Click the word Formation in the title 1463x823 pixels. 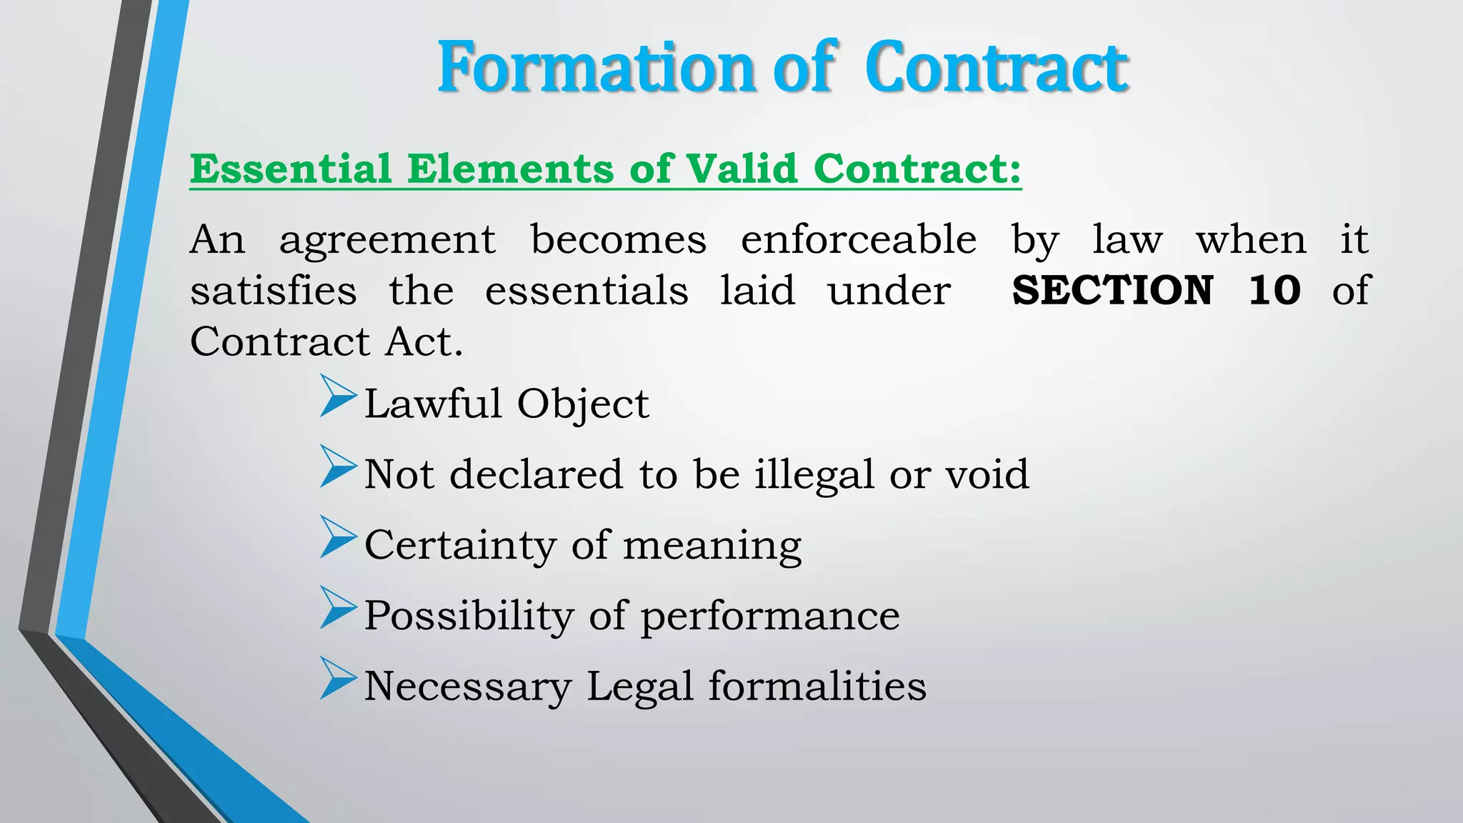click(x=597, y=68)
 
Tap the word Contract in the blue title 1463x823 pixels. click(x=996, y=68)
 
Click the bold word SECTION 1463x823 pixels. click(x=1112, y=291)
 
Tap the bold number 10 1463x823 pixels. click(x=1274, y=291)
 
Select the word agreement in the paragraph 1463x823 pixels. click(x=387, y=241)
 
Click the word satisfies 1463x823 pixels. click(x=274, y=291)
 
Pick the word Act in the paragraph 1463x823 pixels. click(x=424, y=341)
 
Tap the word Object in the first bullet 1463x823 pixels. click(x=583, y=404)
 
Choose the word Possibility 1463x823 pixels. click(x=469, y=616)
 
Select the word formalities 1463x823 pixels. click(x=817, y=686)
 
